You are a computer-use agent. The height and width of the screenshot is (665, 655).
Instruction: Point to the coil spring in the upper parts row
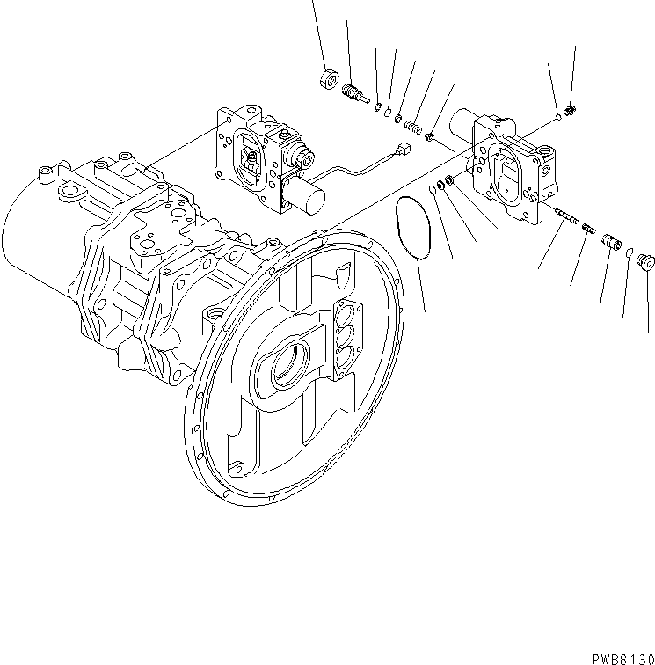tap(411, 126)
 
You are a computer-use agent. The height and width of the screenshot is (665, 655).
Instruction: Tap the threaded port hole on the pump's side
tap(213, 314)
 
